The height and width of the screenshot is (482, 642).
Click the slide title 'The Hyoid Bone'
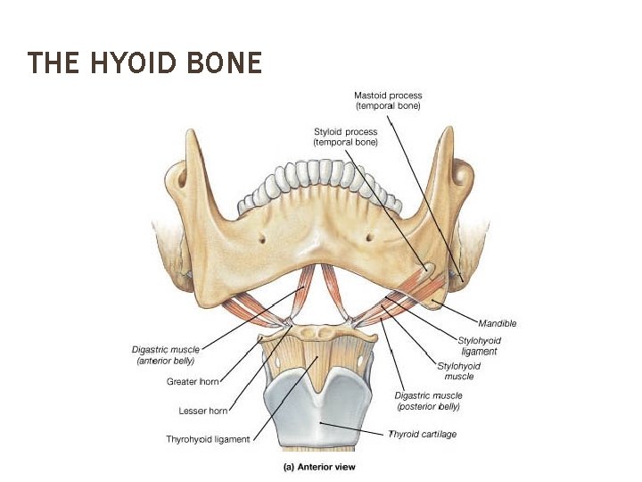point(144,63)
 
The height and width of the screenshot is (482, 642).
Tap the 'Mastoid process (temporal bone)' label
point(388,101)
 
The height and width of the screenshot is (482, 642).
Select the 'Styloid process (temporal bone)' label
point(346,137)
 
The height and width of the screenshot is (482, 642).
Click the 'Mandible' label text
point(498,323)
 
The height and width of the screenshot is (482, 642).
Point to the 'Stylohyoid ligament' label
point(479,346)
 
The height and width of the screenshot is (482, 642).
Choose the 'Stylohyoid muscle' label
point(459,371)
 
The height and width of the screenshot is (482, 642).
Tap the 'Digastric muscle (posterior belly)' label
point(427,401)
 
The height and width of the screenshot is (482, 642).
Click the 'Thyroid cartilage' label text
point(422,434)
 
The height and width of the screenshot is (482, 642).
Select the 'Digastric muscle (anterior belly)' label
point(165,355)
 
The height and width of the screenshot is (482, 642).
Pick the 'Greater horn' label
point(193,382)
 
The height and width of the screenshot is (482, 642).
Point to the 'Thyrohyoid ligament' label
point(208,439)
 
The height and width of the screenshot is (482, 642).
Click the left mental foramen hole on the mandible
point(264,237)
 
